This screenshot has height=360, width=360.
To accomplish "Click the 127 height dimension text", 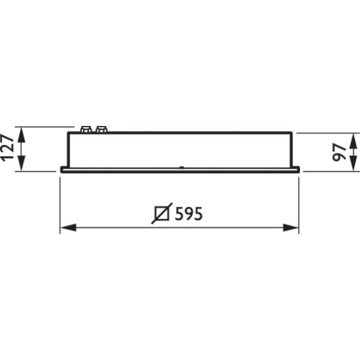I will (x=8, y=148).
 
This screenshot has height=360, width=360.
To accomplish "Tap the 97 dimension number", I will (x=340, y=152).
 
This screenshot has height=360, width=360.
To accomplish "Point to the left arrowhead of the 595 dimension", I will (x=65, y=228).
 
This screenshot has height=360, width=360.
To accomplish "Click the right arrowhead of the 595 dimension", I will (x=293, y=228).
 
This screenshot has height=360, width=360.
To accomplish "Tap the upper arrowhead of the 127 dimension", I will (x=22, y=131).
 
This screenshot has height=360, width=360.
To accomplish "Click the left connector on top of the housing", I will (x=86, y=128).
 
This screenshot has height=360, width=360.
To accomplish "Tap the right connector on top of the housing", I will (x=100, y=128).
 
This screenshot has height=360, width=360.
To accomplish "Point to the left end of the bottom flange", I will (x=61, y=170).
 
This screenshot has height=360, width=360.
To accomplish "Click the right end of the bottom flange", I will (x=297, y=170).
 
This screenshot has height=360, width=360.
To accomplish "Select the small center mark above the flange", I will (x=181, y=166).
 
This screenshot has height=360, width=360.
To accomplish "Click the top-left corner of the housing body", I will (x=68, y=133).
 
